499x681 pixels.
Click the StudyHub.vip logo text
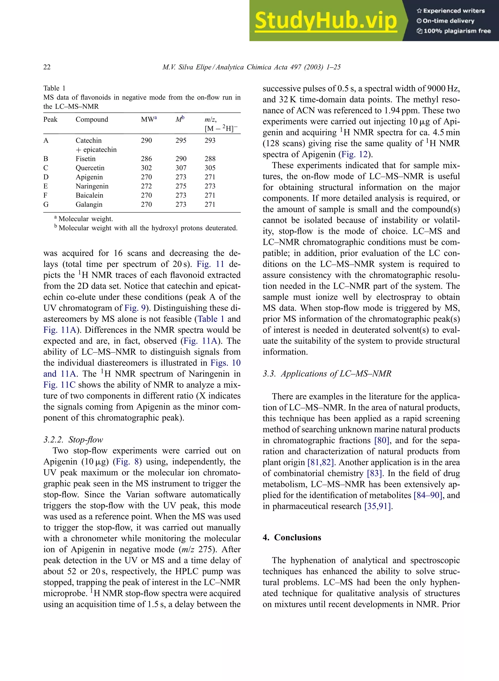(326, 20)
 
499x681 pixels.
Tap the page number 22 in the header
(47, 67)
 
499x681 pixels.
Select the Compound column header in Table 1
(92, 119)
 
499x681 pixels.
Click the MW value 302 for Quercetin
(146, 168)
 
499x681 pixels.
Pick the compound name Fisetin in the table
(86, 159)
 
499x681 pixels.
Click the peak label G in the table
(46, 204)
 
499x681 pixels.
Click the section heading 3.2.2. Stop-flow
(73, 439)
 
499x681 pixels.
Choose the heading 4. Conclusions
(292, 537)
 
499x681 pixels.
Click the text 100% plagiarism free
(457, 31)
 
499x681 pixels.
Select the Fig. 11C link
(59, 385)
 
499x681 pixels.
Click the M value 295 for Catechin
(181, 140)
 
